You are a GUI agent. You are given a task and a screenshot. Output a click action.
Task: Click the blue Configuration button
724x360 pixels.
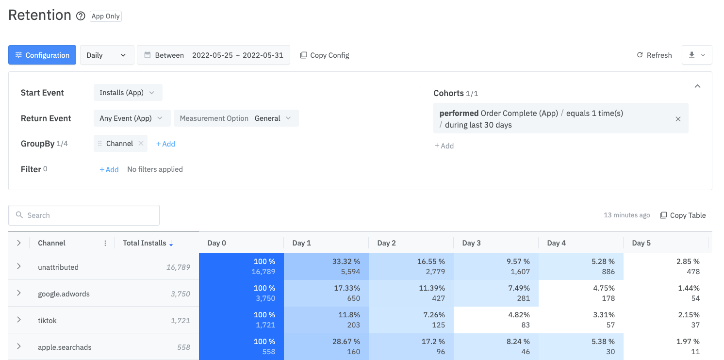coord(42,55)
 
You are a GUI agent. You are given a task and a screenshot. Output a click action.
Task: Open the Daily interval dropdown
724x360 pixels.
coord(106,55)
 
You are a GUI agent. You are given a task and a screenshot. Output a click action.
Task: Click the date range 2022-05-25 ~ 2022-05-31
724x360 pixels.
coord(237,55)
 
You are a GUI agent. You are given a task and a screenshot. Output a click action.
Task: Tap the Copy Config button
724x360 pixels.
coord(325,55)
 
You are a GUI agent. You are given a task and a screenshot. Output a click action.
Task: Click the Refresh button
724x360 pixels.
coord(654,55)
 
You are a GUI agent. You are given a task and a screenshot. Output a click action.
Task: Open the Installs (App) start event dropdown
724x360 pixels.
coord(128,93)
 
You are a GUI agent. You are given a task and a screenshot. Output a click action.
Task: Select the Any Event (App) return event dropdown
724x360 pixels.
coord(132,118)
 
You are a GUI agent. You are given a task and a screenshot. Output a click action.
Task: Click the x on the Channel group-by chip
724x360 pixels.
coord(141,144)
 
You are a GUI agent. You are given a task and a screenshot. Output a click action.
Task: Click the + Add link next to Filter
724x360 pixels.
coord(109,169)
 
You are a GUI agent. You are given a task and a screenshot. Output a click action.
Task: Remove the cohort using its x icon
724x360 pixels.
coord(678,119)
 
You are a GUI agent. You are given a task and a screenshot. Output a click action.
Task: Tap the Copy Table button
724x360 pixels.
coord(683,215)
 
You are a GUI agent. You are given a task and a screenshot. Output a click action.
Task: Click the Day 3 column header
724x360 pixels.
coord(471,243)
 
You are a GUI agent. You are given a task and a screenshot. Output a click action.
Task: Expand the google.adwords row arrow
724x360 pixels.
coord(19,294)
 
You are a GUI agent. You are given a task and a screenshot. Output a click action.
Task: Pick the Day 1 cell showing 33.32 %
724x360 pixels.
coord(326,266)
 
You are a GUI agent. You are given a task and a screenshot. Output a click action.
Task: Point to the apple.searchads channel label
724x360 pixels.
coord(65,347)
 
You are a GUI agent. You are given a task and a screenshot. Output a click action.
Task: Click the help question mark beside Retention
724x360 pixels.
coord(81,16)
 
